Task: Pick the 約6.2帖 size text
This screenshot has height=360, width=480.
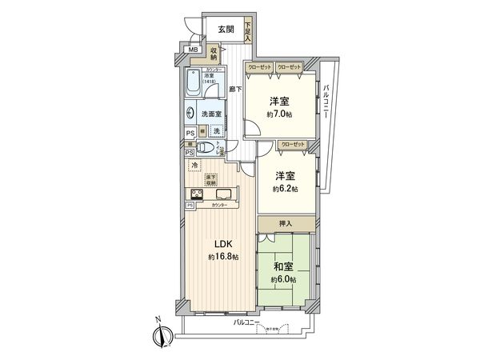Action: pyautogui.click(x=285, y=189)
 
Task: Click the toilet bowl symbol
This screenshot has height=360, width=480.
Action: pyautogui.click(x=206, y=147)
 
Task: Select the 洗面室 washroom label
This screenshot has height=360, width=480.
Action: pyautogui.click(x=210, y=114)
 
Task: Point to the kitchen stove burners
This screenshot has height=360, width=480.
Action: pyautogui.click(x=196, y=194)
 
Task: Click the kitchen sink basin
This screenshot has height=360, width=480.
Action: pyautogui.click(x=223, y=194)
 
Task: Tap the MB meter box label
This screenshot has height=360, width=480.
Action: pyautogui.click(x=193, y=51)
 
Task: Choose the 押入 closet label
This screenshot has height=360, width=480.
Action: pyautogui.click(x=286, y=224)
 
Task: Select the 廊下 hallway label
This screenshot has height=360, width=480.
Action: pyautogui.click(x=235, y=90)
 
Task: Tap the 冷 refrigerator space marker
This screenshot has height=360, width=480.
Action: pyautogui.click(x=194, y=166)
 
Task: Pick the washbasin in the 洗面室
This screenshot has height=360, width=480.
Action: pyautogui.click(x=192, y=114)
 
